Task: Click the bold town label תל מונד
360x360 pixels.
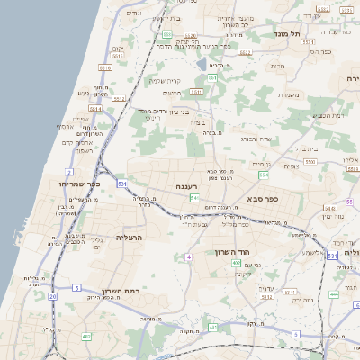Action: (x=293, y=32)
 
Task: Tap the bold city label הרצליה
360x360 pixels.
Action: (x=130, y=238)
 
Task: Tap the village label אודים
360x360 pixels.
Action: (x=135, y=14)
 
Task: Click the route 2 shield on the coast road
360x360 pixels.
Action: (x=69, y=171)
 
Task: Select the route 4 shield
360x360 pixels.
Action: (x=189, y=257)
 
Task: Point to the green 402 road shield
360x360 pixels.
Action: (x=236, y=262)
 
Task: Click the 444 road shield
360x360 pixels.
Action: (x=334, y=294)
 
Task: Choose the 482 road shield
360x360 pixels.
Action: (x=86, y=336)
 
